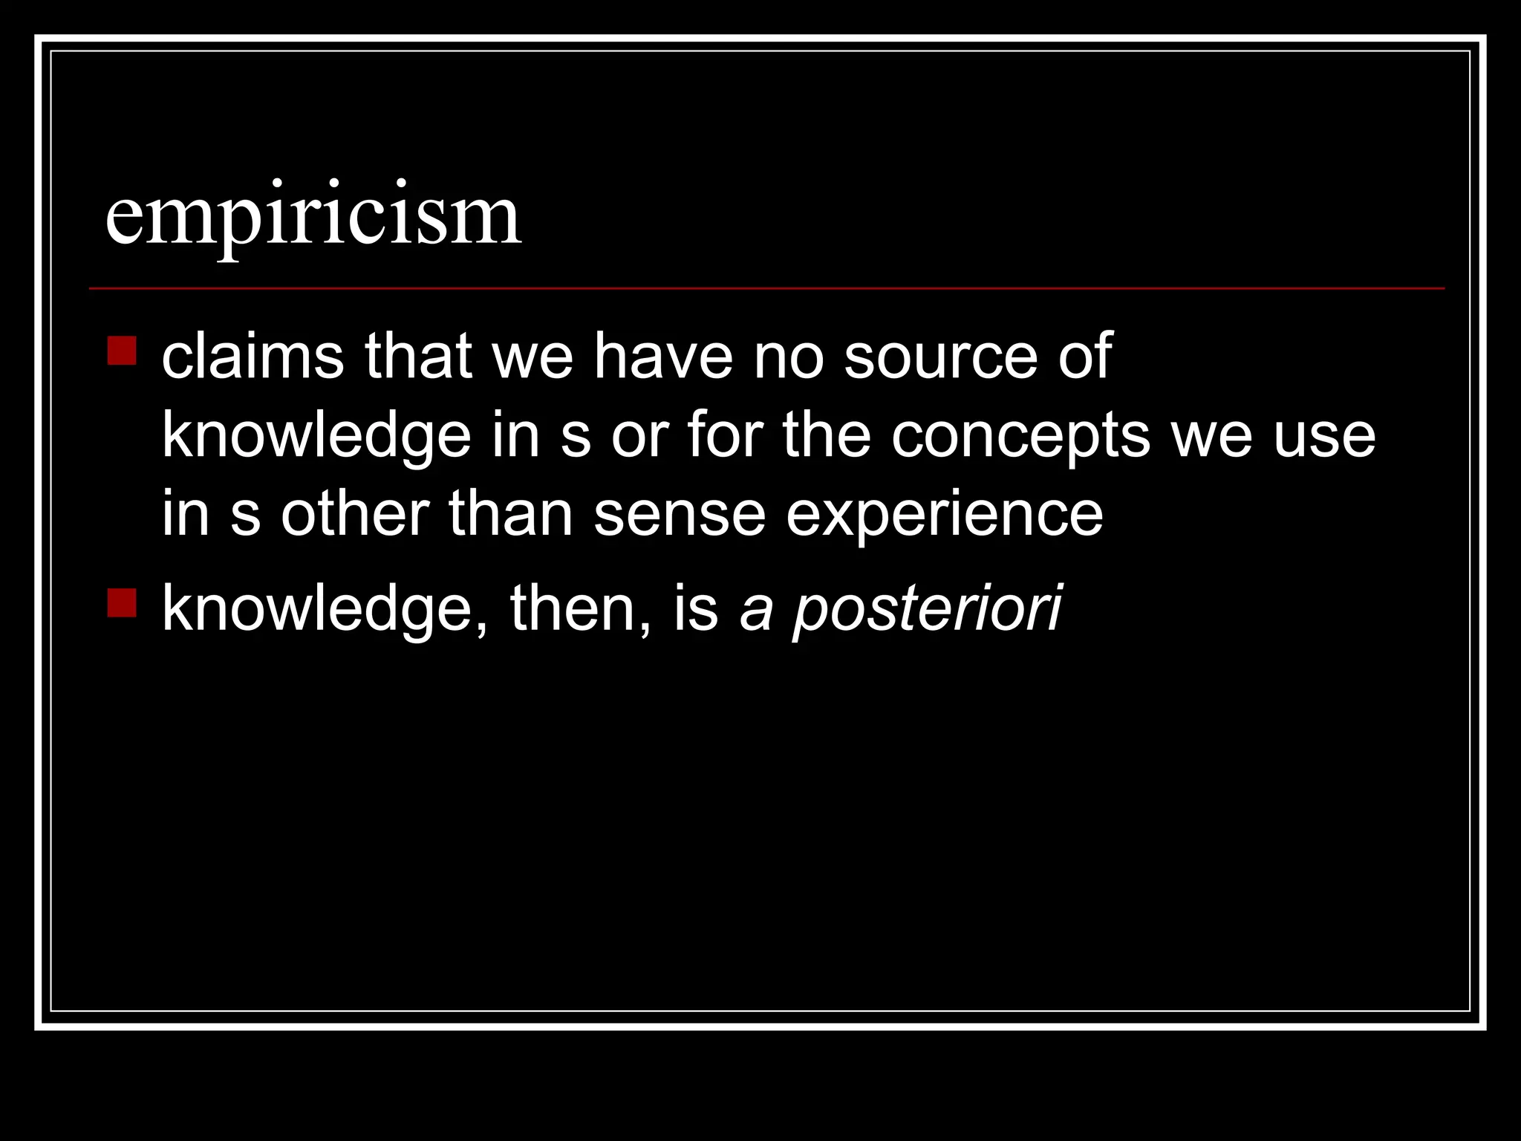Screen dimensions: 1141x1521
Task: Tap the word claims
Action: [x=253, y=357]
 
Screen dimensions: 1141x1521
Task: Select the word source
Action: [x=941, y=357]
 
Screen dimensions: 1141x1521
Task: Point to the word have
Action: [x=662, y=357]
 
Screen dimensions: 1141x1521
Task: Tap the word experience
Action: [x=945, y=516]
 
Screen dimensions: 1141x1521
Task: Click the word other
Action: [x=355, y=514]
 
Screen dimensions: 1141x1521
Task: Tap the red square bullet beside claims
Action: [x=122, y=351]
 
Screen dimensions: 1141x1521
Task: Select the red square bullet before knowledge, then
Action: [x=122, y=603]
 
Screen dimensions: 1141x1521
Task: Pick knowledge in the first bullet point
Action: [x=316, y=437]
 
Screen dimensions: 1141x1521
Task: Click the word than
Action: [x=510, y=514]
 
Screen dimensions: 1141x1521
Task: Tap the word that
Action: [x=418, y=357]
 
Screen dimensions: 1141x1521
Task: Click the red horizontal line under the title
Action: [x=766, y=287]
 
